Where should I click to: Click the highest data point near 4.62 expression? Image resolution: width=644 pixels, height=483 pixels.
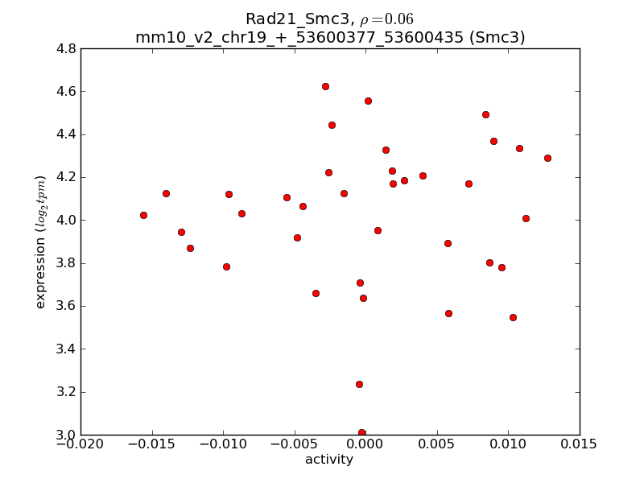pyautogui.click(x=325, y=86)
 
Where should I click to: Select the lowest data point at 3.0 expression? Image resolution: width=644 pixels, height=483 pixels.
pyautogui.click(x=361, y=433)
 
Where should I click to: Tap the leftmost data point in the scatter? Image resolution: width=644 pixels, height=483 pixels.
pyautogui.click(x=143, y=215)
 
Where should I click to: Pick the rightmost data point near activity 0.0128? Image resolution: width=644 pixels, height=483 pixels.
pyautogui.click(x=547, y=158)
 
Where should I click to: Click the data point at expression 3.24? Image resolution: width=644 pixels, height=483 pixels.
pyautogui.click(x=359, y=384)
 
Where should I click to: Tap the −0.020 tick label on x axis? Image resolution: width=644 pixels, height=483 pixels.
pyautogui.click(x=80, y=445)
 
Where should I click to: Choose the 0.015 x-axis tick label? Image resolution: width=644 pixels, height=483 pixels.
pyautogui.click(x=580, y=445)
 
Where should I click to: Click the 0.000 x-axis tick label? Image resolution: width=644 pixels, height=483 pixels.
pyautogui.click(x=365, y=445)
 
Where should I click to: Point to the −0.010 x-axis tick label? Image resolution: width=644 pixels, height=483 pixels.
pyautogui.click(x=223, y=445)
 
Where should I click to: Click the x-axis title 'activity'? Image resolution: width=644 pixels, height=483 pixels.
pyautogui.click(x=329, y=460)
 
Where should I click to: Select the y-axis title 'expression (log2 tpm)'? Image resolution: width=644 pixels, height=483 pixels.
pyautogui.click(x=41, y=242)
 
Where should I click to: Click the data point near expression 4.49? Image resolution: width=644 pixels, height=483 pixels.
pyautogui.click(x=485, y=114)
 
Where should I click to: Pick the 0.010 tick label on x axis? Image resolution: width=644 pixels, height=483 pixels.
pyautogui.click(x=508, y=445)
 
